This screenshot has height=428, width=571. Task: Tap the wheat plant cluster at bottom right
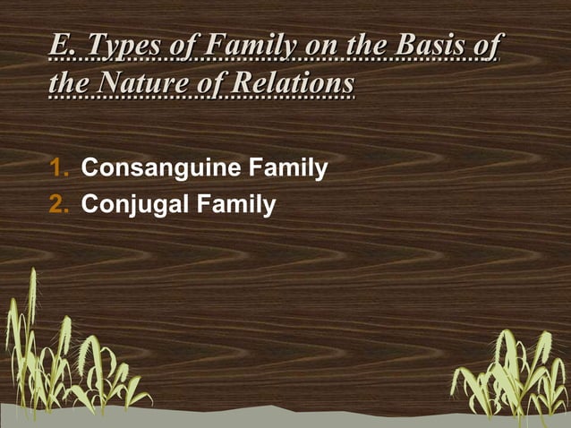pyautogui.click(x=510, y=372)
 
